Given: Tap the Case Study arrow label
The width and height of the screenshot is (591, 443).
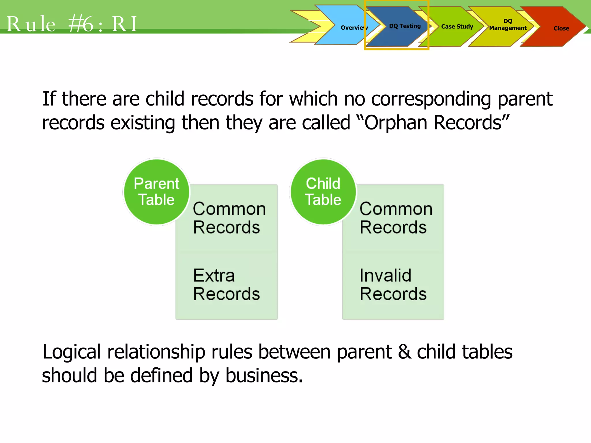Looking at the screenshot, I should pos(457,27).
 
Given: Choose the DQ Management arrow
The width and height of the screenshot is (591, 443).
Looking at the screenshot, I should pos(508,25).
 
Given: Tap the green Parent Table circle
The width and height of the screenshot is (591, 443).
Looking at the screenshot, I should pos(157,192).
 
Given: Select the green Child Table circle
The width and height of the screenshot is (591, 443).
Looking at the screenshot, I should pos(323,192).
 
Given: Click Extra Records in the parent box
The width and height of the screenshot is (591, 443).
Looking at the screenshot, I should pos(227,285).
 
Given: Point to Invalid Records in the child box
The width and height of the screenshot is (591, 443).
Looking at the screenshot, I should pos(393,285).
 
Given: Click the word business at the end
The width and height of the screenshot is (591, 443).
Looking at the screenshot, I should pos(264,376).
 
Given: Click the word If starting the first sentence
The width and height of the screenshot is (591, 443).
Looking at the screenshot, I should pos(49,99).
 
